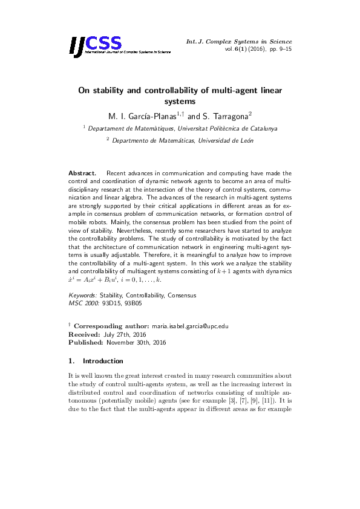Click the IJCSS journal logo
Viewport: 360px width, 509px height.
(x=96, y=44)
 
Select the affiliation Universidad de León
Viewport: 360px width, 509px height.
(x=220, y=141)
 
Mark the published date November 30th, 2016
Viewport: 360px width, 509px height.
(x=141, y=342)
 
